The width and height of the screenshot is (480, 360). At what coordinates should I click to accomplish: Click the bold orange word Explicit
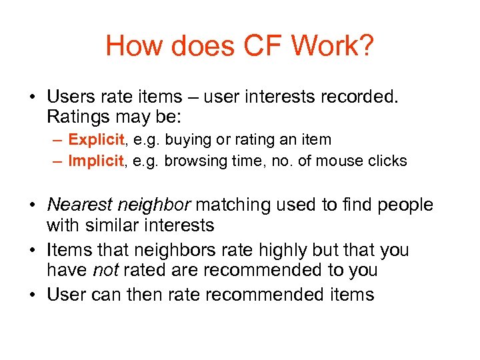(96, 140)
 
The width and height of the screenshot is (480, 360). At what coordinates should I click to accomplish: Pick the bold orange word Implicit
(96, 161)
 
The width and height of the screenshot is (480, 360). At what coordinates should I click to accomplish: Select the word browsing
(193, 161)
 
